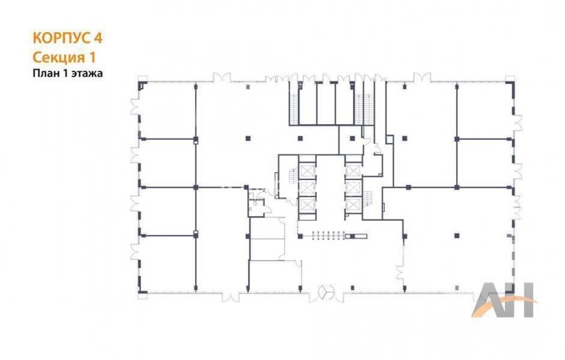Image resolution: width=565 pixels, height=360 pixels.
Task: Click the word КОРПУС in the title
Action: click(x=61, y=38)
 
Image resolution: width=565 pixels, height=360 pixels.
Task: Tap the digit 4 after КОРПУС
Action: click(x=98, y=38)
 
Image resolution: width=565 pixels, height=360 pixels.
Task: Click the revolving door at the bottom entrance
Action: click(x=326, y=292)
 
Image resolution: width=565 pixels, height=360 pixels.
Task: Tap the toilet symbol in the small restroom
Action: click(x=256, y=203)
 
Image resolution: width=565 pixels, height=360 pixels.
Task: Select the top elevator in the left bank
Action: click(x=307, y=171)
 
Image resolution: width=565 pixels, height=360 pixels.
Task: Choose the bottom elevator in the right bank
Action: click(x=353, y=205)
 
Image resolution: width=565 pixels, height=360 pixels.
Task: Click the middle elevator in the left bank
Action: click(x=307, y=188)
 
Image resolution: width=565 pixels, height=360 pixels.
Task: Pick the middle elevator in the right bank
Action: click(x=353, y=188)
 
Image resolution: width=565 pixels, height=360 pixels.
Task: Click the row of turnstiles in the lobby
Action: click(x=328, y=236)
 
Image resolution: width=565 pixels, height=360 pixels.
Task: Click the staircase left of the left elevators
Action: click(x=293, y=176)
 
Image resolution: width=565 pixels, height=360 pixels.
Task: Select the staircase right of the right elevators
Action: click(x=367, y=197)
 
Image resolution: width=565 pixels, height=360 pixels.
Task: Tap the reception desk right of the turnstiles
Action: click(x=356, y=236)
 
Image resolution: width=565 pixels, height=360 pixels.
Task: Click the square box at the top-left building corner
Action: click(x=143, y=78)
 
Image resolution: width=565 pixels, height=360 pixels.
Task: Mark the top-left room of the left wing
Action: click(x=167, y=111)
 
